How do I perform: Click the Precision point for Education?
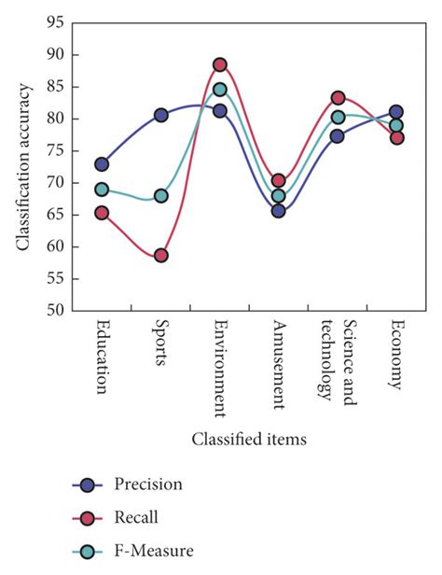coord(102,164)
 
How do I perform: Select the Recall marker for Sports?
coord(160,255)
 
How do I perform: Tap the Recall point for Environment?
coord(219,64)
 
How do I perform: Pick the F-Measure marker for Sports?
coord(160,196)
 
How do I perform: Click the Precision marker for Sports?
coord(160,115)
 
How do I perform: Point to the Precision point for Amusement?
coord(278,211)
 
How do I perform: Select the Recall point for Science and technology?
coord(338,98)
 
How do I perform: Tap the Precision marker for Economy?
coord(396,112)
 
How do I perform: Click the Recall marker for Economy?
coord(396,137)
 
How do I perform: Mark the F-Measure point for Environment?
coord(219,90)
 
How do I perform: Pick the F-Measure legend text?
coord(154,552)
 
